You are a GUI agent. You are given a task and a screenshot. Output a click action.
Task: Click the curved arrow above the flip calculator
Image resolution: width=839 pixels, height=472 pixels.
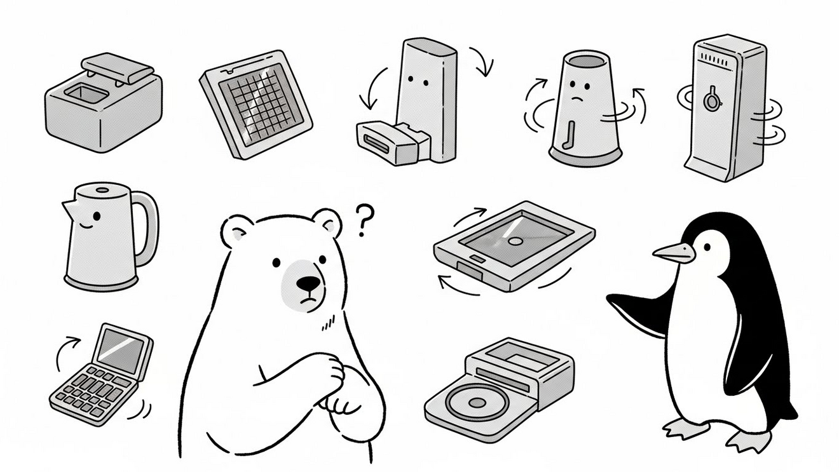coord(66,351)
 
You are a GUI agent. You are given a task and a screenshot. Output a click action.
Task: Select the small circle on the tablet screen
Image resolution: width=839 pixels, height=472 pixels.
coord(515,241)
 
